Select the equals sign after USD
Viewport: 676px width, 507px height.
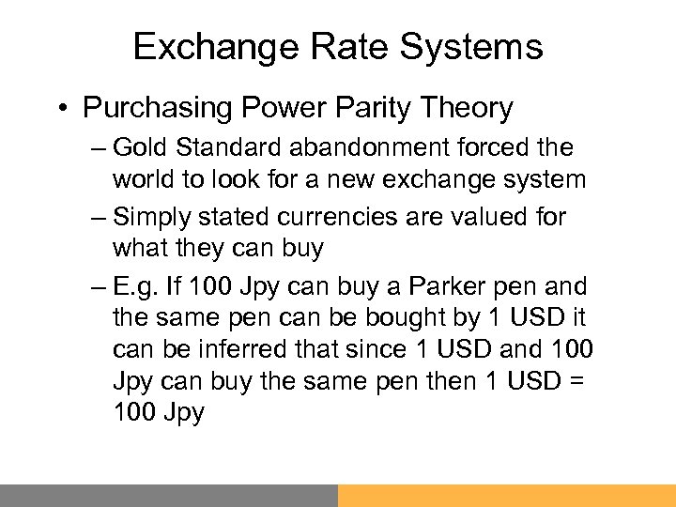pyautogui.click(x=582, y=381)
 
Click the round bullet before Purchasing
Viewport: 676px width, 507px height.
pyautogui.click(x=61, y=108)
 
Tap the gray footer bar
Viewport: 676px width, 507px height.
pyautogui.click(x=169, y=496)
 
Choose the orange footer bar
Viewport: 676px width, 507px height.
pyautogui.click(x=507, y=496)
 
